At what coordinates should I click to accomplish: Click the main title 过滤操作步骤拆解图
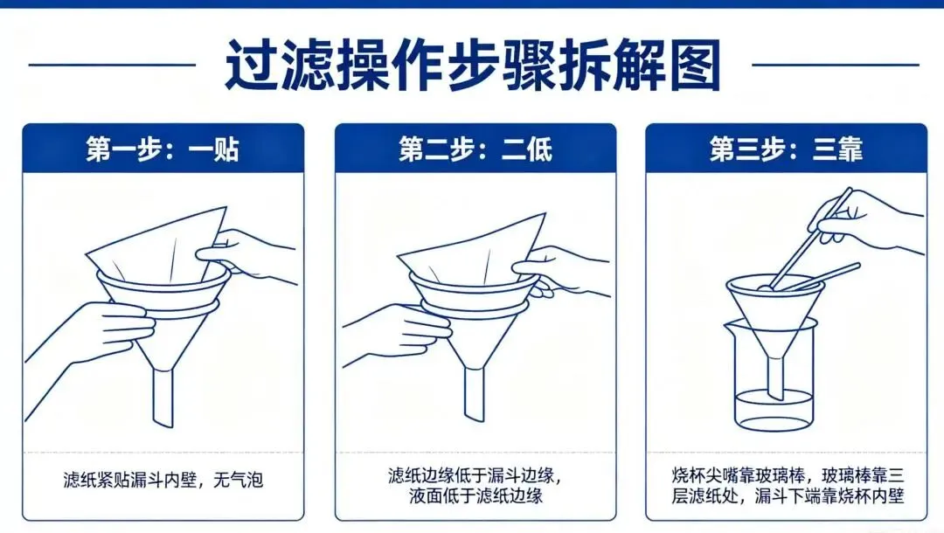pyautogui.click(x=472, y=66)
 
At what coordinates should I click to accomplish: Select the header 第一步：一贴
pyautogui.click(x=162, y=149)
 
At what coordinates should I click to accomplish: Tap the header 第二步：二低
pyautogui.click(x=475, y=149)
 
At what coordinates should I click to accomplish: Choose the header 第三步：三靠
pyautogui.click(x=786, y=149)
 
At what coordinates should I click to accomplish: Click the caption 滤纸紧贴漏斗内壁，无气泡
pyautogui.click(x=163, y=481)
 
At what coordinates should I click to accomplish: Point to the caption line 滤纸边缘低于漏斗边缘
pyautogui.click(x=475, y=476)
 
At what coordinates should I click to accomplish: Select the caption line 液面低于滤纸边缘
pyautogui.click(x=475, y=496)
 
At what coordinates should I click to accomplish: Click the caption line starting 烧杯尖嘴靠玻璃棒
pyautogui.click(x=786, y=476)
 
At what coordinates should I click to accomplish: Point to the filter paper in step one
pyautogui.click(x=153, y=249)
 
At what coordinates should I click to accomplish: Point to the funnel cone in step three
pyautogui.click(x=774, y=319)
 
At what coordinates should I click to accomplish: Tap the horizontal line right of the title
pyautogui.click(x=835, y=65)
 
